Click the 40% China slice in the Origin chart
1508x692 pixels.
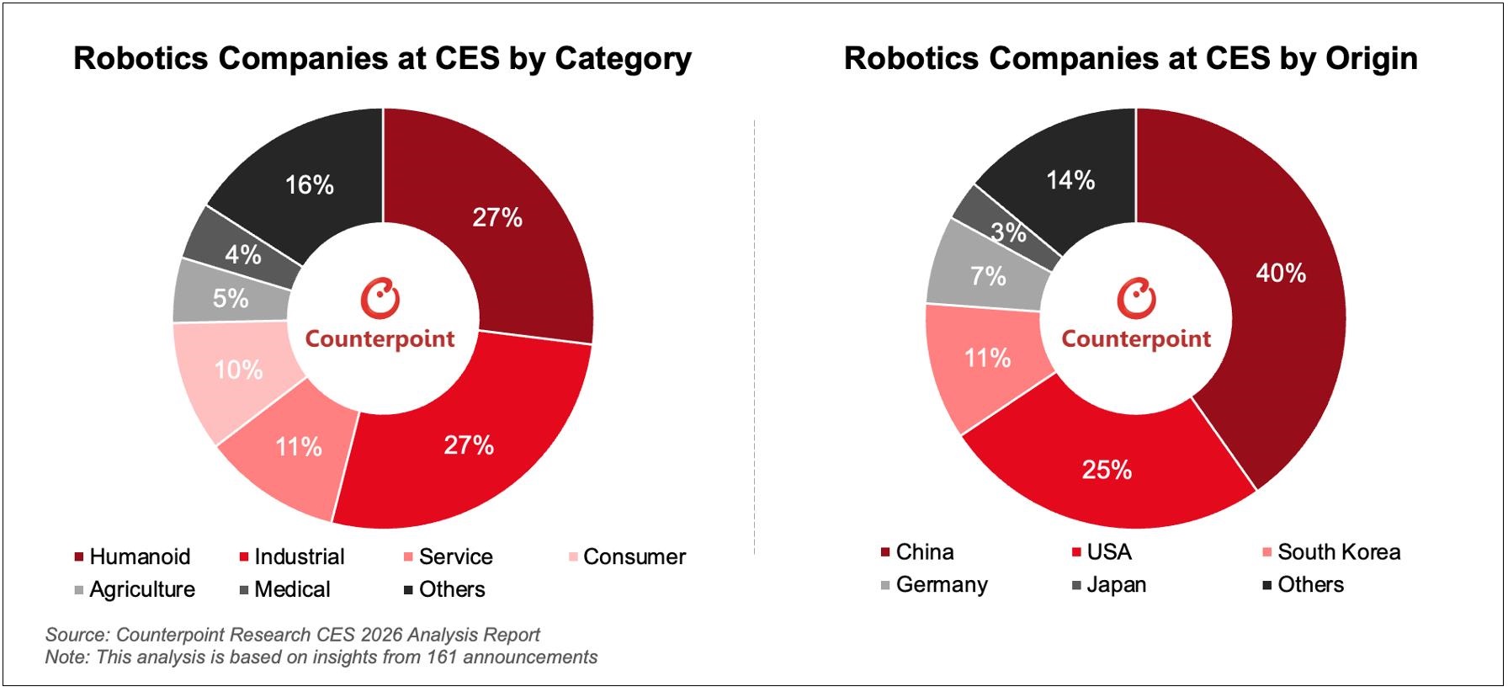point(1279,274)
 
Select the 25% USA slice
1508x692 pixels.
point(1107,470)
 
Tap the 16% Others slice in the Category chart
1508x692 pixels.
point(309,185)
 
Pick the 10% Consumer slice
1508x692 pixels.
point(238,370)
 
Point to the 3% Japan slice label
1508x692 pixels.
point(1008,232)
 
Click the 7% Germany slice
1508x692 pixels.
point(987,276)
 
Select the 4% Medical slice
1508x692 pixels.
point(242,254)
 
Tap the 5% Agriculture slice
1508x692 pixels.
point(230,298)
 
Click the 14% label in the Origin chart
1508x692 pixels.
point(1070,180)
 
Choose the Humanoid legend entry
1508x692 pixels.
point(139,557)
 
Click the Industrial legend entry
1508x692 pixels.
point(299,557)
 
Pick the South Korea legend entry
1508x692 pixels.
point(1338,552)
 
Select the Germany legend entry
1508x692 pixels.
point(941,585)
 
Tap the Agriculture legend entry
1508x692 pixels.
point(141,590)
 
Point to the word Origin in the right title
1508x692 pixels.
point(1371,59)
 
